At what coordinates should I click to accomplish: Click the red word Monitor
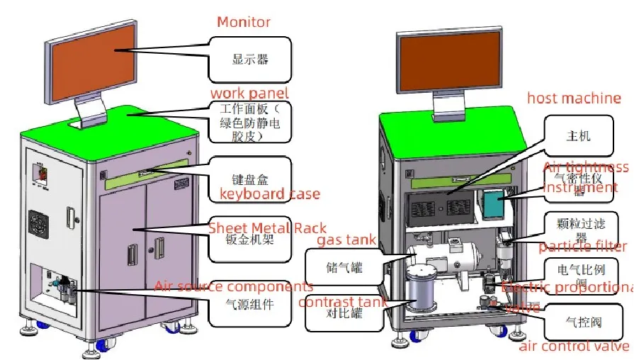(x=244, y=22)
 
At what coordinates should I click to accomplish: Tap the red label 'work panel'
(x=249, y=94)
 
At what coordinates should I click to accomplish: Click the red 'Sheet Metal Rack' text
(x=267, y=227)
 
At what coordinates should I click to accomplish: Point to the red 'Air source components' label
(x=234, y=286)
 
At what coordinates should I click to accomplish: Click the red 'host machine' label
(x=574, y=99)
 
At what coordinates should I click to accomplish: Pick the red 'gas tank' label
(x=346, y=240)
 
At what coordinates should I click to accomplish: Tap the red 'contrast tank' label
(x=343, y=303)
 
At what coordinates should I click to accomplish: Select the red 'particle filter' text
(x=582, y=247)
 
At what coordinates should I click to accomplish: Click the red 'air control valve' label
(x=574, y=346)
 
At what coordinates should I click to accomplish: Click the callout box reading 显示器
(x=250, y=60)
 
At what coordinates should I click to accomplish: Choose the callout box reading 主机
(x=579, y=135)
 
